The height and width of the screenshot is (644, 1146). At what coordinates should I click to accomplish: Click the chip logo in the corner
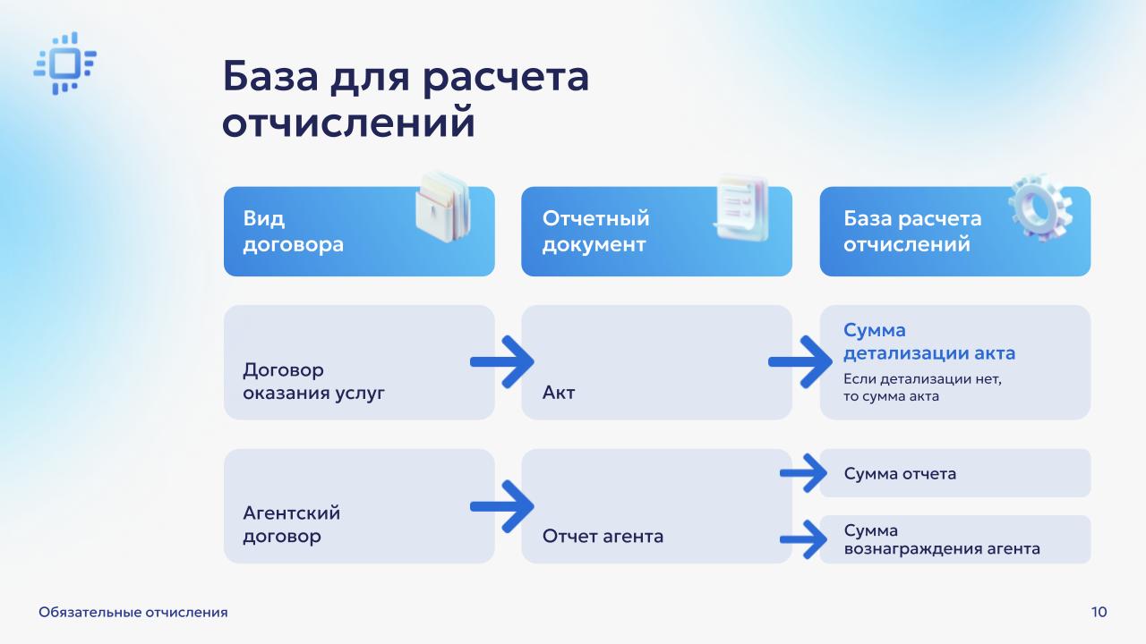(x=64, y=64)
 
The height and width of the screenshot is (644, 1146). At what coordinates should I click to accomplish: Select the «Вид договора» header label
(x=293, y=232)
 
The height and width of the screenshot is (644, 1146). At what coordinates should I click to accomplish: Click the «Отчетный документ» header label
(x=595, y=232)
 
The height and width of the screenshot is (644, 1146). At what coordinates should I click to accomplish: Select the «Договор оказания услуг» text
(x=313, y=381)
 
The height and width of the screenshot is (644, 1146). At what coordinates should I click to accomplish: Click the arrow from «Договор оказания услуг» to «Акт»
(x=502, y=362)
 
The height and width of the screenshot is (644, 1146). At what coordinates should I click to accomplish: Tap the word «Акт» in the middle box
(x=559, y=392)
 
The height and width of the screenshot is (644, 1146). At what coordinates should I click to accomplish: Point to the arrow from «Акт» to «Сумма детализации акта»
(x=800, y=362)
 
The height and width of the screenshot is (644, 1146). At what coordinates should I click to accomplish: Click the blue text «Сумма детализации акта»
(x=928, y=342)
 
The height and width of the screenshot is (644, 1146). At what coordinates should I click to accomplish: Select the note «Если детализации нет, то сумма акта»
(x=922, y=387)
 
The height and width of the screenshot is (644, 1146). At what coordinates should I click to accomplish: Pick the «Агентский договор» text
(x=291, y=525)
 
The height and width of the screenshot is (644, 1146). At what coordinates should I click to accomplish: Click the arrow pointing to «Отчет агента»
(x=502, y=506)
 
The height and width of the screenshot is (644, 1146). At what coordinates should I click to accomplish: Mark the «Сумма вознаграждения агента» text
(x=941, y=539)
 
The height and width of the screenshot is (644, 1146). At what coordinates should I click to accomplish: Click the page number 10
(x=1099, y=612)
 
